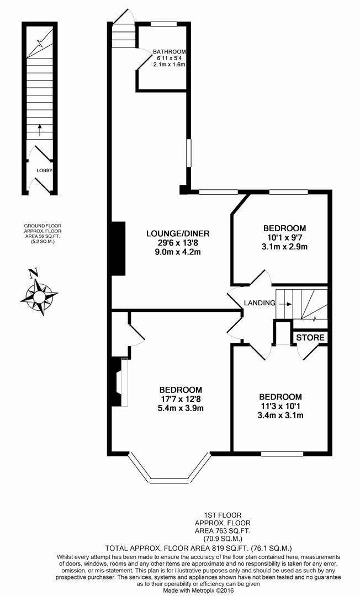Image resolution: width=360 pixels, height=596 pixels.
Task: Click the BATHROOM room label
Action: tap(169, 52)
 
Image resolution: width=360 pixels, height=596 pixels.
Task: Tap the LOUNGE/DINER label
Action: tap(177, 232)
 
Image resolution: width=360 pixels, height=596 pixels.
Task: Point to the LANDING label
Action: tap(260, 303)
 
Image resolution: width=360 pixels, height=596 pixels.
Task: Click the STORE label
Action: tap(310, 337)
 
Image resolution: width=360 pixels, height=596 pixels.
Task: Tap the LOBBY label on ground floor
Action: tap(44, 171)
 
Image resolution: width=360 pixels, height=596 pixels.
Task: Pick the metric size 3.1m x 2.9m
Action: tap(284, 246)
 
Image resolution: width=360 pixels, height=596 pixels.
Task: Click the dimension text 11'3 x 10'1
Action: tap(280, 406)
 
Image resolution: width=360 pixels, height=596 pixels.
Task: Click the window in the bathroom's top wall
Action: tap(164, 24)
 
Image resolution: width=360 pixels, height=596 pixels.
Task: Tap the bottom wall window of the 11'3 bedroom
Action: tap(282, 454)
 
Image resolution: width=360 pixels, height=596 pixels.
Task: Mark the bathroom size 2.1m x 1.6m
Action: tap(169, 65)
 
